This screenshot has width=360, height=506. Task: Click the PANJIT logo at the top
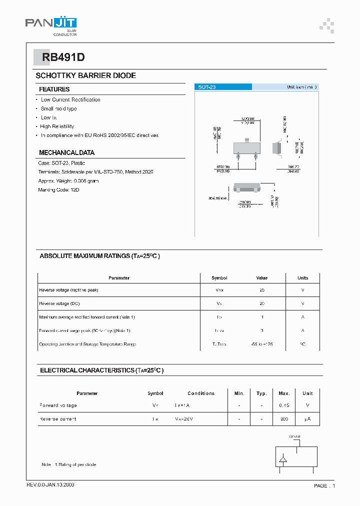[51, 23]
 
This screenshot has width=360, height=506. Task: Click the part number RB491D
[59, 57]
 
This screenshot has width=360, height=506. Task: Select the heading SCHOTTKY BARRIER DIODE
[85, 75]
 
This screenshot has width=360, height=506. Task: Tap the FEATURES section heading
[54, 89]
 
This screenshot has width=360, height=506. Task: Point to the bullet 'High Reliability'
[57, 126]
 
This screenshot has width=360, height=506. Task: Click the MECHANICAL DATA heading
[66, 152]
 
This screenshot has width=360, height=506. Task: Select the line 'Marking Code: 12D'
[58, 190]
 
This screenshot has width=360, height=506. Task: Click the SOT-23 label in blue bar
[206, 87]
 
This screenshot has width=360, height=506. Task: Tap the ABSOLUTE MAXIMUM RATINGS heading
[99, 256]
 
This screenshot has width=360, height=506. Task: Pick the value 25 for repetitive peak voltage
[262, 290]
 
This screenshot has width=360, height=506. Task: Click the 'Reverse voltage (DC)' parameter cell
[59, 303]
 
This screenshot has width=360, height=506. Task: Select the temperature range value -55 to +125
[261, 344]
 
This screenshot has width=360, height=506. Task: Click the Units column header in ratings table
[302, 278]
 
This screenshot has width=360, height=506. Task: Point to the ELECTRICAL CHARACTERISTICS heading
[101, 370]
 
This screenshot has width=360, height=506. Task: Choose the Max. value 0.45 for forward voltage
[284, 405]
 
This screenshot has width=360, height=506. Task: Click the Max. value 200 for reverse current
[284, 419]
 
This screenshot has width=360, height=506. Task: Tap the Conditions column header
[201, 393]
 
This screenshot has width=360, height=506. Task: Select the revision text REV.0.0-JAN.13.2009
[50, 485]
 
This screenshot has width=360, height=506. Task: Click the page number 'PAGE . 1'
[324, 485]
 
